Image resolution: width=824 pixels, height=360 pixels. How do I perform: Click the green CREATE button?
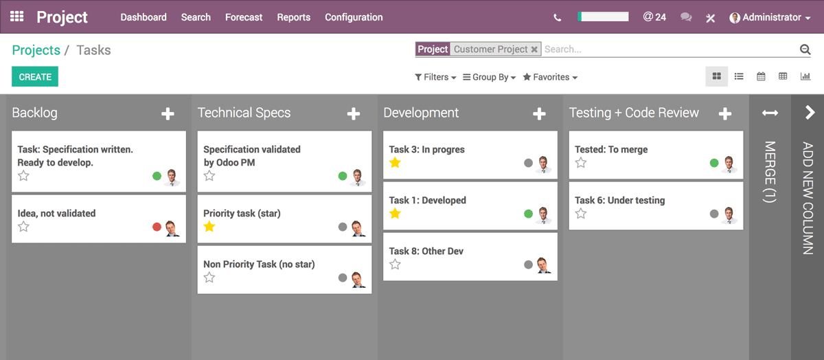[35, 77]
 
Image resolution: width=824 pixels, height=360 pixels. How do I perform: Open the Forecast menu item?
[244, 17]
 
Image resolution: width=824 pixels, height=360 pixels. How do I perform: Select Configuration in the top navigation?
[354, 17]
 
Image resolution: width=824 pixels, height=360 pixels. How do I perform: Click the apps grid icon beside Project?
[17, 16]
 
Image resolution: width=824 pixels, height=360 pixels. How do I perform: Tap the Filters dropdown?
[435, 77]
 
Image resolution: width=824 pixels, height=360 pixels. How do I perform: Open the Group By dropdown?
[490, 77]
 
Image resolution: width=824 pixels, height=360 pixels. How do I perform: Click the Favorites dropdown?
[550, 77]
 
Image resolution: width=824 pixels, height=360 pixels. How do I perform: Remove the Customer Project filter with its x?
[535, 49]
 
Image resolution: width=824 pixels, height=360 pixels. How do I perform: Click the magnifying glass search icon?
[805, 49]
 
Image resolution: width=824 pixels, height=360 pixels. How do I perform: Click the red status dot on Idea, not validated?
[157, 227]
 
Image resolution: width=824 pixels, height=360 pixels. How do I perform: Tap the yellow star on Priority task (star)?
[209, 227]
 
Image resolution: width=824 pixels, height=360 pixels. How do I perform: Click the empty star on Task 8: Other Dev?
[395, 265]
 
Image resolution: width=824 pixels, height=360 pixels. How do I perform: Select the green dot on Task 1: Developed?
[528, 214]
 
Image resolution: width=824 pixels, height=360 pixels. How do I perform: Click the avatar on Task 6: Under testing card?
[729, 214]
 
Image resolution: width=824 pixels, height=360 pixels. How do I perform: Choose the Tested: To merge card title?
[611, 149]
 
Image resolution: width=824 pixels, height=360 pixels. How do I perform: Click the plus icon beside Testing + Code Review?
[725, 114]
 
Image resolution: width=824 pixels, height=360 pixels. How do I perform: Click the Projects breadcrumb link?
[36, 50]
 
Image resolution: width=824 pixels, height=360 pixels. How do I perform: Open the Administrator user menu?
[770, 17]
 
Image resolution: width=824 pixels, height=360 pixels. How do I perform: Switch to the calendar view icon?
[761, 77]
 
